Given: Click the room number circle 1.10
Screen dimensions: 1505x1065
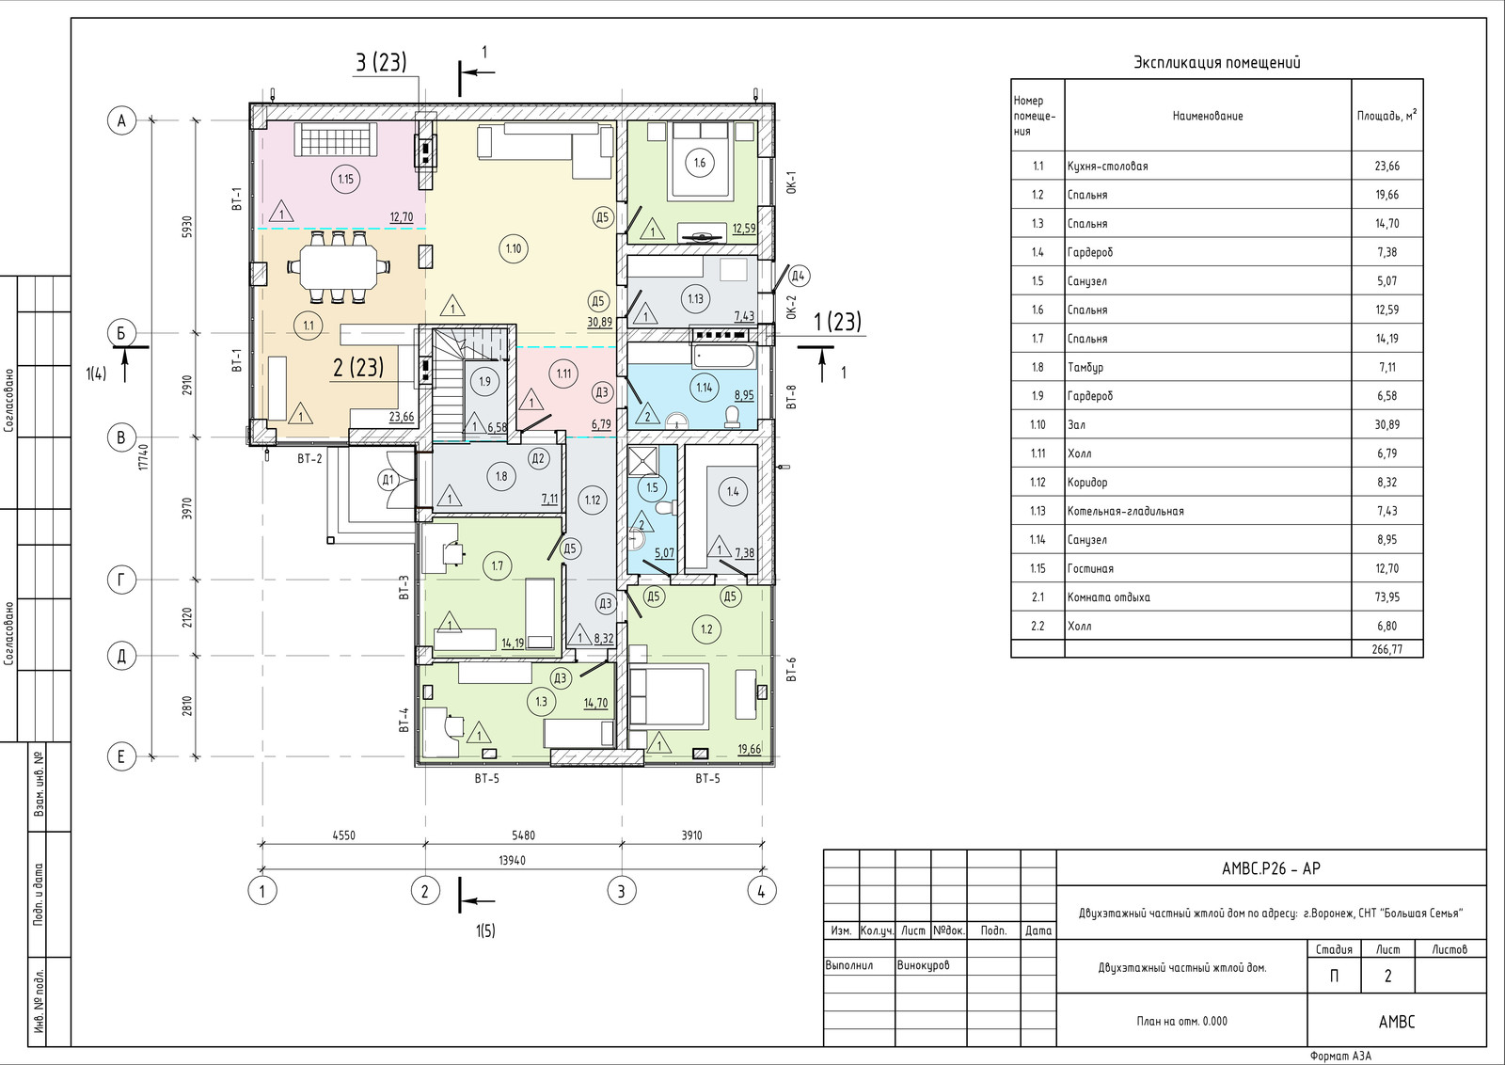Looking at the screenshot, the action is coord(514,249).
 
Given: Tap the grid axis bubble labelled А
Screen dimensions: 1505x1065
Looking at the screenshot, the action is coord(121,121).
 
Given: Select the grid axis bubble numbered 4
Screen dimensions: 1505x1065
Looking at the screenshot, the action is coord(761,892).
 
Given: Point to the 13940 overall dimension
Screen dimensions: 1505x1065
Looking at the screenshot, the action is coord(512,860).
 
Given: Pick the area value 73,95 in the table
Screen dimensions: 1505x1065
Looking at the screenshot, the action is coord(1387,597).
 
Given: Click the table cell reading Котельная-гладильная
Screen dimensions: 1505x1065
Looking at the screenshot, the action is coord(1125,512).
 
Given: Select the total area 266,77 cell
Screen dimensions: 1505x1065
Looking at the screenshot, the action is coord(1387,649).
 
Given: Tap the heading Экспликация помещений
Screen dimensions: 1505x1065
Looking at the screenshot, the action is coord(1217,62).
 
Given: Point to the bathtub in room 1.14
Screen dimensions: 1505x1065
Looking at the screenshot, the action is coord(724,356).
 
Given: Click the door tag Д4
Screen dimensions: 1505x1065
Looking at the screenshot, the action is coord(798,276).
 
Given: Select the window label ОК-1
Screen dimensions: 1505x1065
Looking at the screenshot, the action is coord(791,183).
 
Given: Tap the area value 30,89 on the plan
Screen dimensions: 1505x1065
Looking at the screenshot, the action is coord(599,322).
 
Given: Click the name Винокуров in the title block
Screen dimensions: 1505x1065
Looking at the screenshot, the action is coord(923,965).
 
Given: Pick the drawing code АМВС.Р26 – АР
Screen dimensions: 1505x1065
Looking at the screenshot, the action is coord(1271,868).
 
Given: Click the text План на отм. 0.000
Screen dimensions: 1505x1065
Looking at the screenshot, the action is coord(1181,1022).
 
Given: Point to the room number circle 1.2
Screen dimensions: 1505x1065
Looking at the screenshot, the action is coord(706,629).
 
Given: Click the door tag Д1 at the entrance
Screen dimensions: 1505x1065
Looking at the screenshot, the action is coord(388,480).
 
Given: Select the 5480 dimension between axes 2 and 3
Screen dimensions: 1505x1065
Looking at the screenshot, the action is coord(523,835).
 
